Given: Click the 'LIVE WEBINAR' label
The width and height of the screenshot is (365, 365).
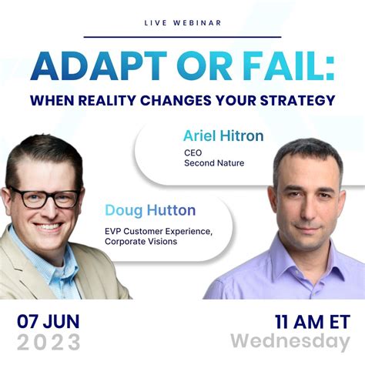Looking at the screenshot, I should click(x=182, y=22).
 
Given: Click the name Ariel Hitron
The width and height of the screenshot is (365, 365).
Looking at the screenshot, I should click(x=223, y=136).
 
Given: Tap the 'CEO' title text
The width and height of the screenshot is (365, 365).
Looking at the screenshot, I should click(x=192, y=152).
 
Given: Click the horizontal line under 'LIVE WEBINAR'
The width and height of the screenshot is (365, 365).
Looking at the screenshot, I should click(x=182, y=36).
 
